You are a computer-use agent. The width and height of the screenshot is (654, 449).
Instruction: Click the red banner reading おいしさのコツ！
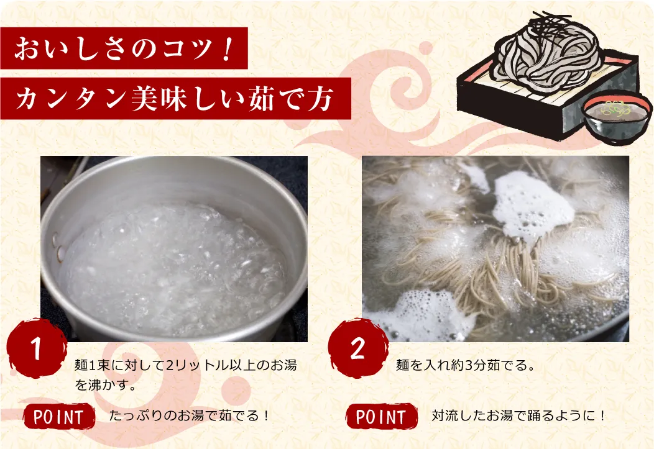click(x=124, y=48)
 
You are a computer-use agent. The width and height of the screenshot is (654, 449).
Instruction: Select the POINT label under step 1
click(x=58, y=417)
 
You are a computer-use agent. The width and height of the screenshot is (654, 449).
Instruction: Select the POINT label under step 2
click(x=380, y=417)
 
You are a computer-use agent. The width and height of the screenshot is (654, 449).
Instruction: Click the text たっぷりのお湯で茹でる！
click(x=190, y=415)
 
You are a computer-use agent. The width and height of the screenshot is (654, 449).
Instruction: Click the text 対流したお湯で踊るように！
click(x=518, y=415)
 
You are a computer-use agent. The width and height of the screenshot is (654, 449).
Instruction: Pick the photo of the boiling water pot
click(x=174, y=248)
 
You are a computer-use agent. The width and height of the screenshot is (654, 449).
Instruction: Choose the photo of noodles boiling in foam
click(x=495, y=248)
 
